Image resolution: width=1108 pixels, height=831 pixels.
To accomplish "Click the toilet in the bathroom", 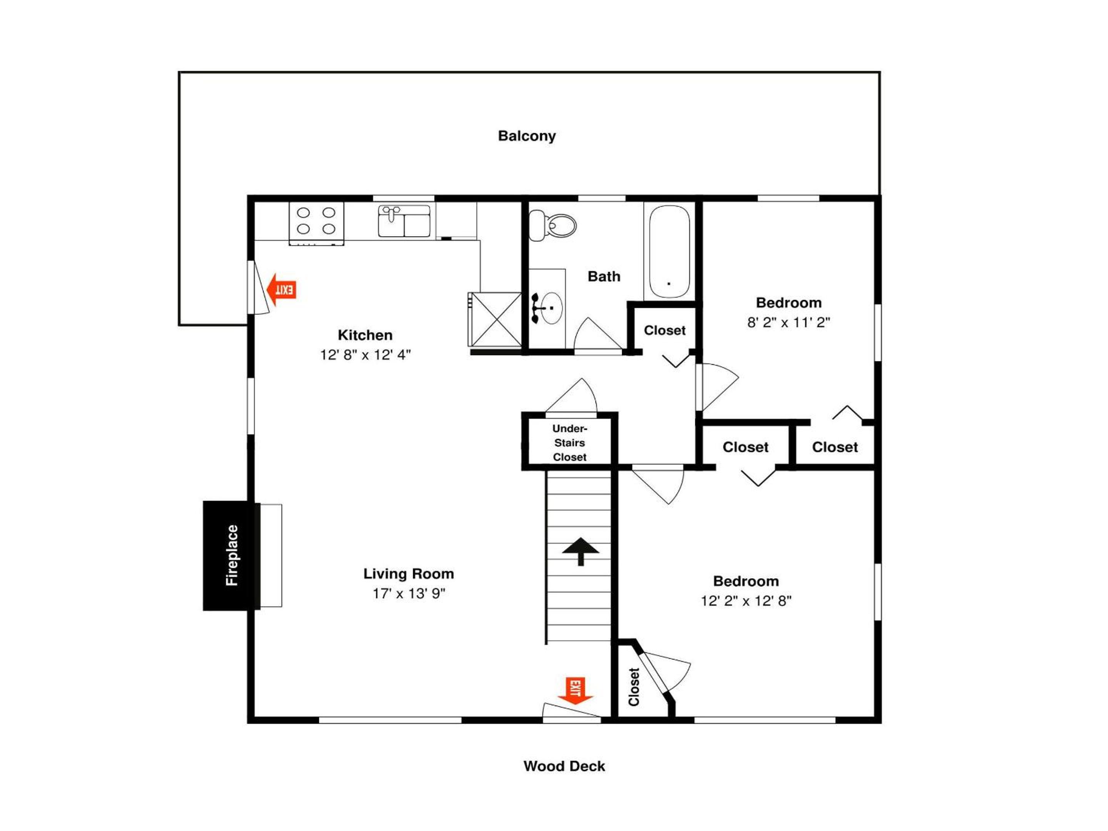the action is (552, 225).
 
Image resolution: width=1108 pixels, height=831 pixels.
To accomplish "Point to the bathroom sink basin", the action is (551, 308).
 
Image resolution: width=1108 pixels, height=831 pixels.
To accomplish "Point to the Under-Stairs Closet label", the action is (569, 443).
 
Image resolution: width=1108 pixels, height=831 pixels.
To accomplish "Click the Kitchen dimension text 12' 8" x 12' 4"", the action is (365, 355).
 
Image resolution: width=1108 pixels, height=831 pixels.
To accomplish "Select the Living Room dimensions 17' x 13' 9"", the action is (409, 594).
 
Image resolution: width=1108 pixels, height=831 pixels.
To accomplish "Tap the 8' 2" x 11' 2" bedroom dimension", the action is (788, 322).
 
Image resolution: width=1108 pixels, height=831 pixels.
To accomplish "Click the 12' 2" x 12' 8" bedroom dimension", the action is (746, 601).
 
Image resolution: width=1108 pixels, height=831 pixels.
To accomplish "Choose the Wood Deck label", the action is (564, 766).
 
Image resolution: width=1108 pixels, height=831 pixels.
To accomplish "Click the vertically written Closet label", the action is (634, 687).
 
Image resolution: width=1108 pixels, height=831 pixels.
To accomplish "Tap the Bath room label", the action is (604, 277).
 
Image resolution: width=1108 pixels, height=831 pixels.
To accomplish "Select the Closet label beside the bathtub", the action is (665, 330).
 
